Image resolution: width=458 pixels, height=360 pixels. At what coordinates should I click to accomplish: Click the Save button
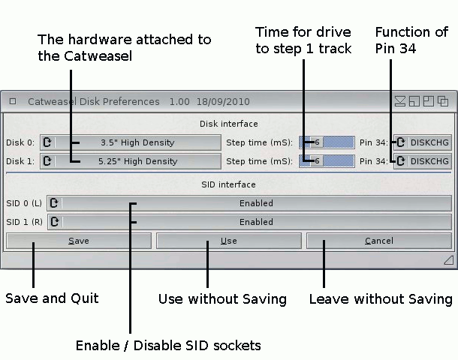coord(79,241)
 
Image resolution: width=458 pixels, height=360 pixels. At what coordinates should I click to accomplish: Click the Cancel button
coord(378,241)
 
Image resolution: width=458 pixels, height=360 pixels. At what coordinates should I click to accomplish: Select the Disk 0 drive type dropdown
coord(131,142)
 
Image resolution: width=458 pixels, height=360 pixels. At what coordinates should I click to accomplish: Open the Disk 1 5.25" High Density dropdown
coord(131,160)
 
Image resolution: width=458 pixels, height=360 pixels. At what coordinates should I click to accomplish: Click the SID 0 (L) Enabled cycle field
coord(249,202)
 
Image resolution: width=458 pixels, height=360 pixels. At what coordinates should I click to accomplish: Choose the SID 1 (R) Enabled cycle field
coord(249,222)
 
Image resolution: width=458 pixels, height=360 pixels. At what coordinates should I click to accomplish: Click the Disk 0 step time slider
coord(326,142)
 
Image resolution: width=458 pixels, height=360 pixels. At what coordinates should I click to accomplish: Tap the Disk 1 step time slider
coord(326,160)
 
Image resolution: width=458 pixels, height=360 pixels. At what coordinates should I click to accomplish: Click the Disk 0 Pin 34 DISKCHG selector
coord(422,142)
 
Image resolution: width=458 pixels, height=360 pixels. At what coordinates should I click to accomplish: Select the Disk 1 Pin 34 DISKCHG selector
coord(422,160)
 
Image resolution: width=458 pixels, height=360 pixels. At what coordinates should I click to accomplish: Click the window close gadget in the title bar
coord(13,101)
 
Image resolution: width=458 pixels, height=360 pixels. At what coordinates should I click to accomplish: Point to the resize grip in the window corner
coord(447,259)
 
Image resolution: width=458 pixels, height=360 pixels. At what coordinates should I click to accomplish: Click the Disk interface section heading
coord(229,124)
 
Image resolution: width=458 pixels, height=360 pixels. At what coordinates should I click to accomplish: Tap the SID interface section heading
coord(229,184)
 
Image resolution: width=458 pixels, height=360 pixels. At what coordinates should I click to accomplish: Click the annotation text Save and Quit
coord(52,298)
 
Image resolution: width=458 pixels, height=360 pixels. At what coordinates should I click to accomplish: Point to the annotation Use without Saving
coord(222,299)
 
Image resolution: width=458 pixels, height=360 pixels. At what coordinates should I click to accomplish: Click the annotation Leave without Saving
coord(381,299)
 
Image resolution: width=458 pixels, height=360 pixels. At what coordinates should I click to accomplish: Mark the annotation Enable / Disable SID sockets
coord(168,346)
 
